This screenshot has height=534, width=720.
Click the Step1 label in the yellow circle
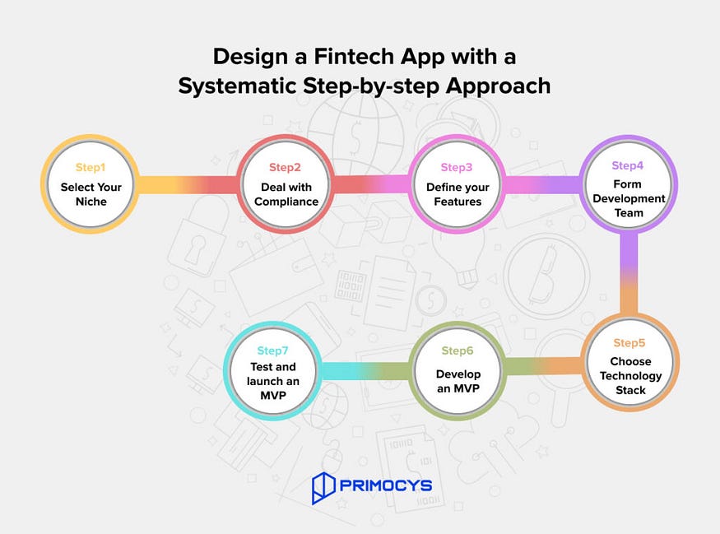[x=91, y=168]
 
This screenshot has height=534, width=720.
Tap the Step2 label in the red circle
[x=285, y=168]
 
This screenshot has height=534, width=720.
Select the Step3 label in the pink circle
[x=457, y=168]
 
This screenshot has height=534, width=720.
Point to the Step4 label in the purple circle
[x=627, y=165]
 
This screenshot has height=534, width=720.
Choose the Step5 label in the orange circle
[x=629, y=343]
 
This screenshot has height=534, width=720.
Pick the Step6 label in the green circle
[x=458, y=351]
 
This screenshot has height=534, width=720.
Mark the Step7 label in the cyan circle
[x=272, y=351]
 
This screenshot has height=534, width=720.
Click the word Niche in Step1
[x=91, y=202]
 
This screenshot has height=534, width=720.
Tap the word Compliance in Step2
[x=286, y=202]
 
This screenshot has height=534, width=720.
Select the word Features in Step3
[x=458, y=202]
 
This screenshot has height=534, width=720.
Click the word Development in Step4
[x=629, y=198]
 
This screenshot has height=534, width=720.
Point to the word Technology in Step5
[x=630, y=375]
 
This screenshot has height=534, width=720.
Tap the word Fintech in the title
[x=354, y=57]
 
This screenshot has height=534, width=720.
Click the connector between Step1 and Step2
[x=187, y=184]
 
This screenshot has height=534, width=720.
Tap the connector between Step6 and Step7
[x=365, y=371]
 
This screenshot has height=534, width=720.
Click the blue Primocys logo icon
[x=323, y=488]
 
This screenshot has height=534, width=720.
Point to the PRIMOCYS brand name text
[x=386, y=485]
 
